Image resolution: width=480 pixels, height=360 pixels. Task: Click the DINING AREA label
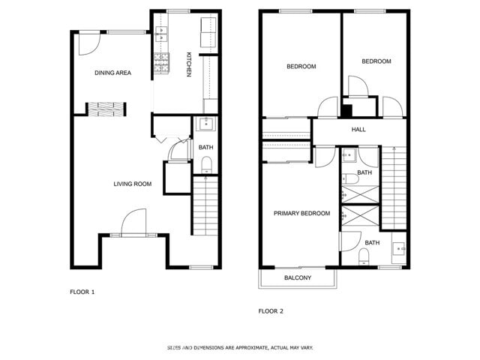click(x=113, y=73)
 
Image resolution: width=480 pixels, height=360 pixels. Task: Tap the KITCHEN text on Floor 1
click(x=189, y=64)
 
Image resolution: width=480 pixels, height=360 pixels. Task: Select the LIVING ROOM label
click(x=133, y=184)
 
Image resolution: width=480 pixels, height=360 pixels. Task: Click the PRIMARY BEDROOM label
click(x=301, y=214)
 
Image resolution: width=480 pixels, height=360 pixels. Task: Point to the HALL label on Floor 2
click(x=358, y=130)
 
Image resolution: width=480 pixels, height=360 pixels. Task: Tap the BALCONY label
click(x=298, y=278)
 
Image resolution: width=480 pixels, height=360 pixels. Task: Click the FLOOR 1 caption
click(x=82, y=292)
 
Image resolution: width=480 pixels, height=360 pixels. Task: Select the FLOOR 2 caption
click(x=271, y=310)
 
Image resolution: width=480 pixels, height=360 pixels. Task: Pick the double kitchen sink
click(x=162, y=33)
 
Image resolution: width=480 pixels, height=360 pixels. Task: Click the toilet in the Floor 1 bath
click(x=207, y=164)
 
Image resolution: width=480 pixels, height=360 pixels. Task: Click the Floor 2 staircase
click(x=394, y=187)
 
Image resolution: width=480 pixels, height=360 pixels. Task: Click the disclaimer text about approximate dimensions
click(x=240, y=348)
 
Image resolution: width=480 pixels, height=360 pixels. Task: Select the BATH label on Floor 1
click(x=206, y=147)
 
